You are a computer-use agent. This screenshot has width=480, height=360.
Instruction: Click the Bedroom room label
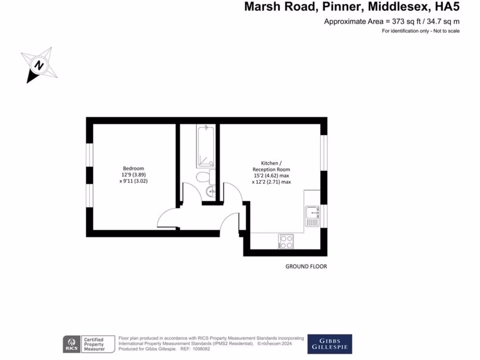[133, 168]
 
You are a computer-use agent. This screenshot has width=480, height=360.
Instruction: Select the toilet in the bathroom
[203, 178]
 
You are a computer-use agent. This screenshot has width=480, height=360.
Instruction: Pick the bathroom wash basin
[210, 190]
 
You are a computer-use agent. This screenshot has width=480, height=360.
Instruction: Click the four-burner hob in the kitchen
[286, 241]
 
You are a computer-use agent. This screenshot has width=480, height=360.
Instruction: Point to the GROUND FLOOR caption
[306, 267]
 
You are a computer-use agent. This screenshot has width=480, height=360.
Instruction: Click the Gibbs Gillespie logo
[329, 344]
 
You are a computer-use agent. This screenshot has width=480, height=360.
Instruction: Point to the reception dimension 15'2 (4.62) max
[271, 176]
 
